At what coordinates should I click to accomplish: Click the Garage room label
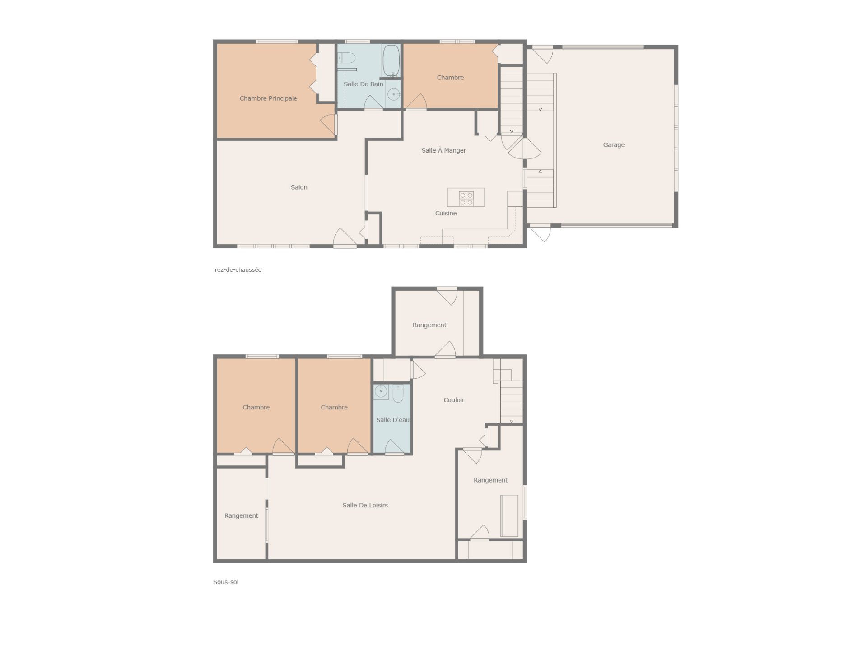[x=614, y=145]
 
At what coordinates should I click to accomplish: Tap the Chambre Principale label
[x=268, y=98]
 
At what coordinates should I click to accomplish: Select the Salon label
[x=299, y=187]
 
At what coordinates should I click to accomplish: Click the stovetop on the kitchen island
[x=466, y=198]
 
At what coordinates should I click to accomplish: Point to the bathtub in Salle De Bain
[x=391, y=61]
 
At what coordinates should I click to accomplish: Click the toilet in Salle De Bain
[x=347, y=58]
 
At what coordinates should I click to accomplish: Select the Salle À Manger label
[x=443, y=150]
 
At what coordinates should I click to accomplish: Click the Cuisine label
[x=446, y=213]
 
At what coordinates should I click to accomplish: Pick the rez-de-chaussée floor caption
[x=238, y=270]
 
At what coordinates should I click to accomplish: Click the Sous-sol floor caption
[x=226, y=582]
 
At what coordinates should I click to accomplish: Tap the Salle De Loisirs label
[x=365, y=505]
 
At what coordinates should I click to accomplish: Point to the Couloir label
[x=454, y=400]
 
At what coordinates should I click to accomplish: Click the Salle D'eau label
[x=393, y=420]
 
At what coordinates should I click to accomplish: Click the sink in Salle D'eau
[x=381, y=391]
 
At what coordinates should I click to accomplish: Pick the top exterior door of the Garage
[x=542, y=54]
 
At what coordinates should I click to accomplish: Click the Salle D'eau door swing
[x=394, y=447]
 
